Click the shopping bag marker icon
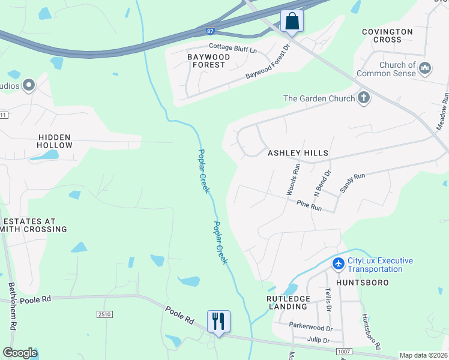coord(292,21)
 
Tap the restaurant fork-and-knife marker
coord(218,321)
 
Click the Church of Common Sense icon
coord(426,68)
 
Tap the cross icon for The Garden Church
coord(363,98)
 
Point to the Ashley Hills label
coord(298,153)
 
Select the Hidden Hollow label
coord(55,141)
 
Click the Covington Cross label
coord(387,35)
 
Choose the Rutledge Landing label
coord(288,302)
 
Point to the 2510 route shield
coord(104,314)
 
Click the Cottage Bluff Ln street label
coord(232,46)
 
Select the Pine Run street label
coord(309,206)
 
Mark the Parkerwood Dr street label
coord(310,328)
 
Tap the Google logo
coord(20,353)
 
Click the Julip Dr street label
coord(319,341)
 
